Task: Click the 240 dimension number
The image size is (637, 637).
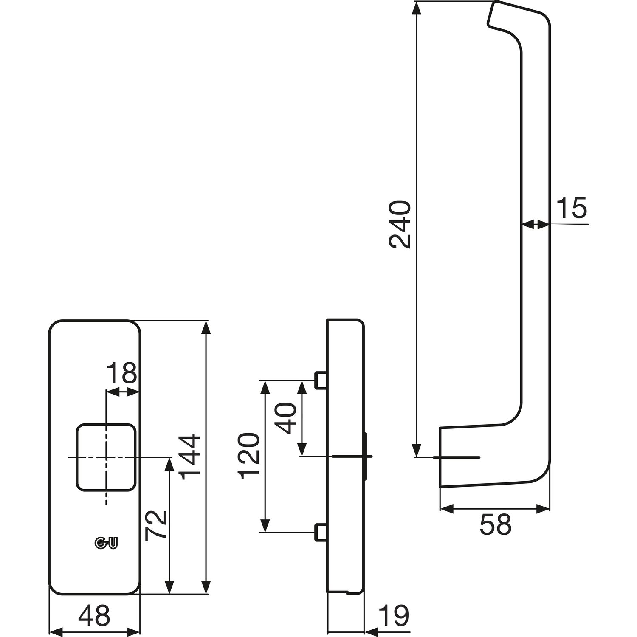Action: click(400, 225)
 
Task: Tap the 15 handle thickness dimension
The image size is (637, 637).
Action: click(571, 208)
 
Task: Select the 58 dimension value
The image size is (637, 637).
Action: click(495, 525)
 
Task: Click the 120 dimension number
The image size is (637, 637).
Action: click(250, 456)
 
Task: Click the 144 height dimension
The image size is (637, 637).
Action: click(189, 457)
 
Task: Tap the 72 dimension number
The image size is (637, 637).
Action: click(155, 525)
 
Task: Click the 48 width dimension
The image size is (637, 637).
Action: click(94, 615)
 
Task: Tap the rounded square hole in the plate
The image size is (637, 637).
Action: click(106, 457)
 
